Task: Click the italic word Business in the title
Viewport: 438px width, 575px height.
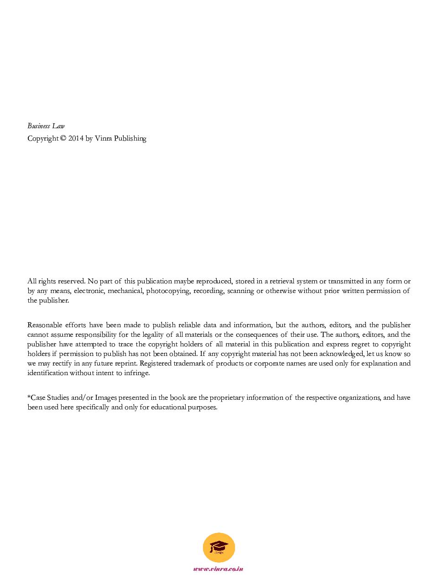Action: click(x=38, y=126)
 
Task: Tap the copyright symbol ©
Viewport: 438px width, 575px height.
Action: click(x=63, y=138)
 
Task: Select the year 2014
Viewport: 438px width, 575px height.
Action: click(x=76, y=138)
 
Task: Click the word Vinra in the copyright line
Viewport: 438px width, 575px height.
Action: click(x=103, y=138)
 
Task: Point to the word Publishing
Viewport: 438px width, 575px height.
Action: click(x=130, y=138)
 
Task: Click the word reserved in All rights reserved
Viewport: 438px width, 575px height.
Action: click(x=71, y=281)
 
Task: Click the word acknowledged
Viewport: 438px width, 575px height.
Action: click(x=341, y=354)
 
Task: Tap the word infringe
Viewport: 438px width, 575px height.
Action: click(x=136, y=373)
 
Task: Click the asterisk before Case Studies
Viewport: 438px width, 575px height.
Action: click(x=29, y=397)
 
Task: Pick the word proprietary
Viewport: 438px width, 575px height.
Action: click(x=227, y=397)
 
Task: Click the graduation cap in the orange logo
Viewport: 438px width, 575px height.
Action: click(x=219, y=546)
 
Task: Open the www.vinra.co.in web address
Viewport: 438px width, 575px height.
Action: click(x=218, y=569)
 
